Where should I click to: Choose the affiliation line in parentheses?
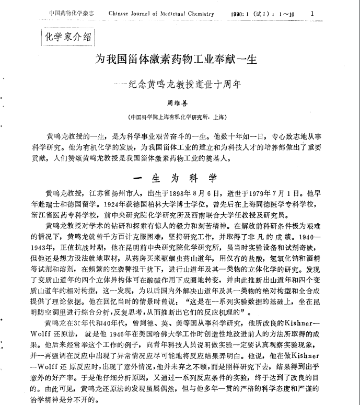[180, 117]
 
